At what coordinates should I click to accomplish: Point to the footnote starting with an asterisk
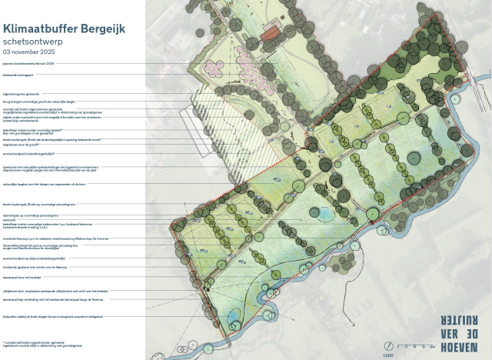pyautogui.click(x=35, y=343)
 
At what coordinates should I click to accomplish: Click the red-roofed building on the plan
pyautogui.click(x=269, y=35)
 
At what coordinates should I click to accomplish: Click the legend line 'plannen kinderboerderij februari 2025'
pyautogui.click(x=29, y=63)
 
